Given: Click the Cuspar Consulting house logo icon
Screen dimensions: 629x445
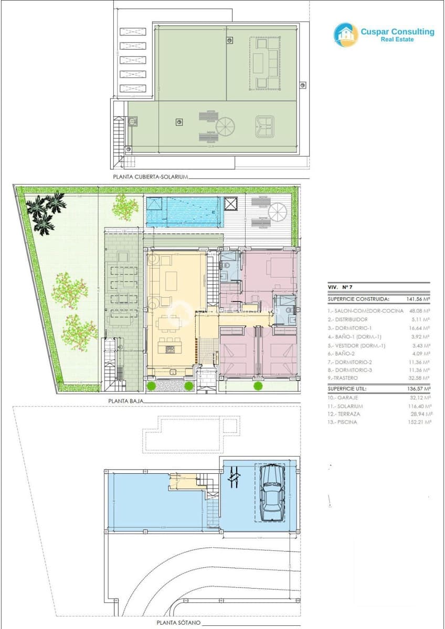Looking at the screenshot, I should tap(346, 35).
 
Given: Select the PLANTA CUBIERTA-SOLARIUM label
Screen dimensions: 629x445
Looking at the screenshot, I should tap(150, 177).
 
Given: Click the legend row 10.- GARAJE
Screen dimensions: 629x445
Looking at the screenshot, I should tap(346, 398).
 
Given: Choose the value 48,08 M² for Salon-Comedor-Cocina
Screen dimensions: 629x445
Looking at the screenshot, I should tap(418, 310).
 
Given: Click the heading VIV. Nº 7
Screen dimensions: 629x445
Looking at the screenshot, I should tap(340, 287).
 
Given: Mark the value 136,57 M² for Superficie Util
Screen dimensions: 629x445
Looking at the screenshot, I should tap(418, 389).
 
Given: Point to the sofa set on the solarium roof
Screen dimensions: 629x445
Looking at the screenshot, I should tap(266, 64).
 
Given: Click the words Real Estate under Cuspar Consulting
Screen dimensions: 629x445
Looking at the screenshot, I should tap(397, 40).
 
